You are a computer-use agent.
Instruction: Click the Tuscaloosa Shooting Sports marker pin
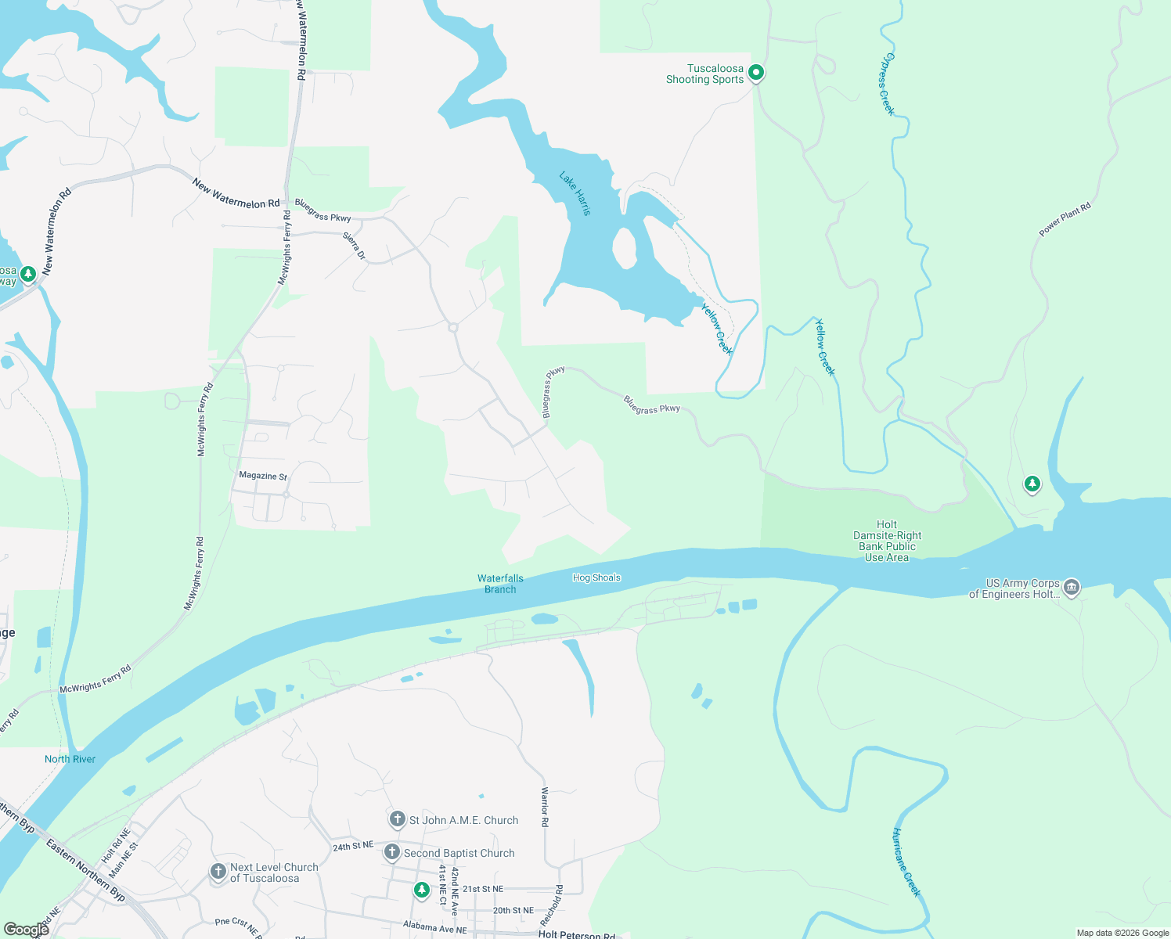coord(756,73)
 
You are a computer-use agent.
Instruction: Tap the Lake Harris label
coord(575,192)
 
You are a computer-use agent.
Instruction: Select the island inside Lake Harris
coord(625,248)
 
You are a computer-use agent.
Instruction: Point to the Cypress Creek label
coord(885,84)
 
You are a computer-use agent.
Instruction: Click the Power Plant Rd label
coord(1065,219)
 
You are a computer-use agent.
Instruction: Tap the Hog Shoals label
coord(596,577)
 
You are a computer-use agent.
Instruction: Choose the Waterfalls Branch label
coord(500,584)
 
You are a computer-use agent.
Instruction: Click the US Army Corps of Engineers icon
coord(1072,587)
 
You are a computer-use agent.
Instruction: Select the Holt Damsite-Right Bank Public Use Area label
coord(887,541)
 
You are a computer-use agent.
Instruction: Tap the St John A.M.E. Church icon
coord(397,819)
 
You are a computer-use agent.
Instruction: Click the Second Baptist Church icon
coord(391,852)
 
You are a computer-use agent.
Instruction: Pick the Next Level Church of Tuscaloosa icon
coord(218,872)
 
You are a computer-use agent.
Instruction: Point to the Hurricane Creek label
coord(907,862)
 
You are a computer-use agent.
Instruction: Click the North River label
coord(70,759)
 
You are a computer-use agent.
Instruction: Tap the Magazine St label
coord(263,476)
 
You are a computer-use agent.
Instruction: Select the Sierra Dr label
coord(355,246)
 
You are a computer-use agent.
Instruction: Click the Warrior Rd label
coord(545,807)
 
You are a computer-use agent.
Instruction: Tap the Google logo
coord(26,930)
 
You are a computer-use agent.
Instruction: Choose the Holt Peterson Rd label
coord(576,934)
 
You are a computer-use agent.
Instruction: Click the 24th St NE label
coord(352,847)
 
